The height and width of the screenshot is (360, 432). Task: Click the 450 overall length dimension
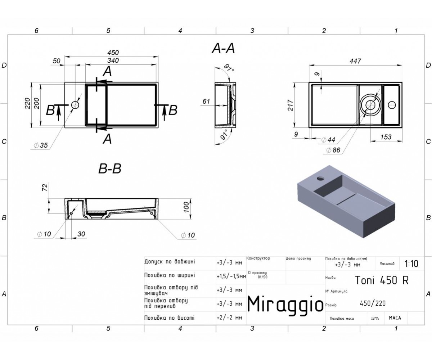[x=113, y=53]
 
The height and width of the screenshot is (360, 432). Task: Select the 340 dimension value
[x=113, y=60]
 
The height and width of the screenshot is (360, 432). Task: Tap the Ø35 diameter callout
[x=41, y=145]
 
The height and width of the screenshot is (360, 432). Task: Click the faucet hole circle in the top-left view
[x=75, y=105]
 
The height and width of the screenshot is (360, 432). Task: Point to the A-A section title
[x=224, y=48]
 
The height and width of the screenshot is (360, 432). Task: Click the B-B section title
[x=110, y=168]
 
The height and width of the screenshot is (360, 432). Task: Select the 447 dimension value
[x=355, y=61]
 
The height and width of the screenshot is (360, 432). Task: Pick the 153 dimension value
[x=386, y=137]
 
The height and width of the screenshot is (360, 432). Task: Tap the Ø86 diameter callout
[x=333, y=150]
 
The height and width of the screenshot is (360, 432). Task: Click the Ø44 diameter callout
[x=328, y=140]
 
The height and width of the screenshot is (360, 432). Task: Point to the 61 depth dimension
[x=206, y=102]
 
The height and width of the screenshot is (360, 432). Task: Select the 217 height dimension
[x=291, y=105]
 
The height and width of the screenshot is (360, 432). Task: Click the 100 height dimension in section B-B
[x=186, y=207]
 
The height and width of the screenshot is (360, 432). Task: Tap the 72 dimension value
[x=45, y=187]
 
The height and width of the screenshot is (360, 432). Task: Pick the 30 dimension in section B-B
[x=81, y=234]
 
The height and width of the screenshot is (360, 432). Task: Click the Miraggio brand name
[x=285, y=304]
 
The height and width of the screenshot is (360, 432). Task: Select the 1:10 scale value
[x=411, y=264]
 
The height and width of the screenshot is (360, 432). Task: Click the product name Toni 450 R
[x=382, y=280]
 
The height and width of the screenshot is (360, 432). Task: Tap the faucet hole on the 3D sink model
[x=321, y=178]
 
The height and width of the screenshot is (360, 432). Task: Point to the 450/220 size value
[x=373, y=303]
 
